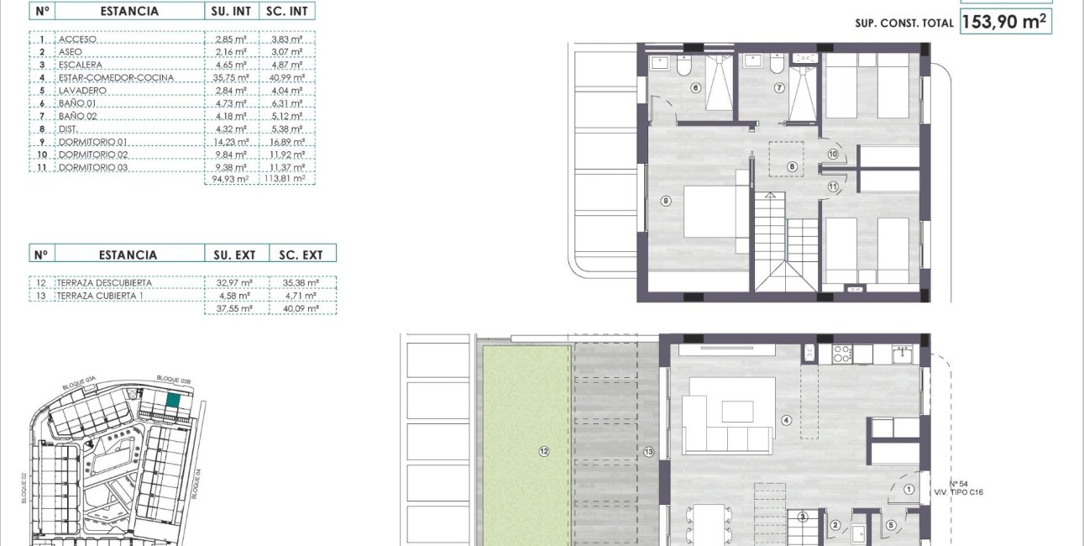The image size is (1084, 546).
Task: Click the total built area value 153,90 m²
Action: click(1005, 22)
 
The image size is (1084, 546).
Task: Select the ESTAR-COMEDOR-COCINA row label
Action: click(117, 78)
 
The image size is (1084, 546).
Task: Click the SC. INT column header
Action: click(286, 11)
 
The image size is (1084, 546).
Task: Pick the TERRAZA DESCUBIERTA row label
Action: click(105, 283)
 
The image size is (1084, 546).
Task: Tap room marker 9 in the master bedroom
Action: click(665, 201)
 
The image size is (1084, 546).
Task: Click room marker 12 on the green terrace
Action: click(544, 451)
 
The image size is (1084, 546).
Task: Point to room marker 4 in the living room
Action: click(787, 421)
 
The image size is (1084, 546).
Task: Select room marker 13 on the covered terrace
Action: click(648, 452)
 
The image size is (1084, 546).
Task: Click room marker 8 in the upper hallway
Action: click(791, 166)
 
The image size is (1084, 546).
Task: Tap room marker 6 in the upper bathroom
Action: click(696, 87)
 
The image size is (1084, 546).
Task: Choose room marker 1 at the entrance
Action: click(909, 489)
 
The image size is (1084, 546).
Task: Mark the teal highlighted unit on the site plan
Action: click(172, 402)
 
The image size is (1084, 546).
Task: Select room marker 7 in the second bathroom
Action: click(778, 87)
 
